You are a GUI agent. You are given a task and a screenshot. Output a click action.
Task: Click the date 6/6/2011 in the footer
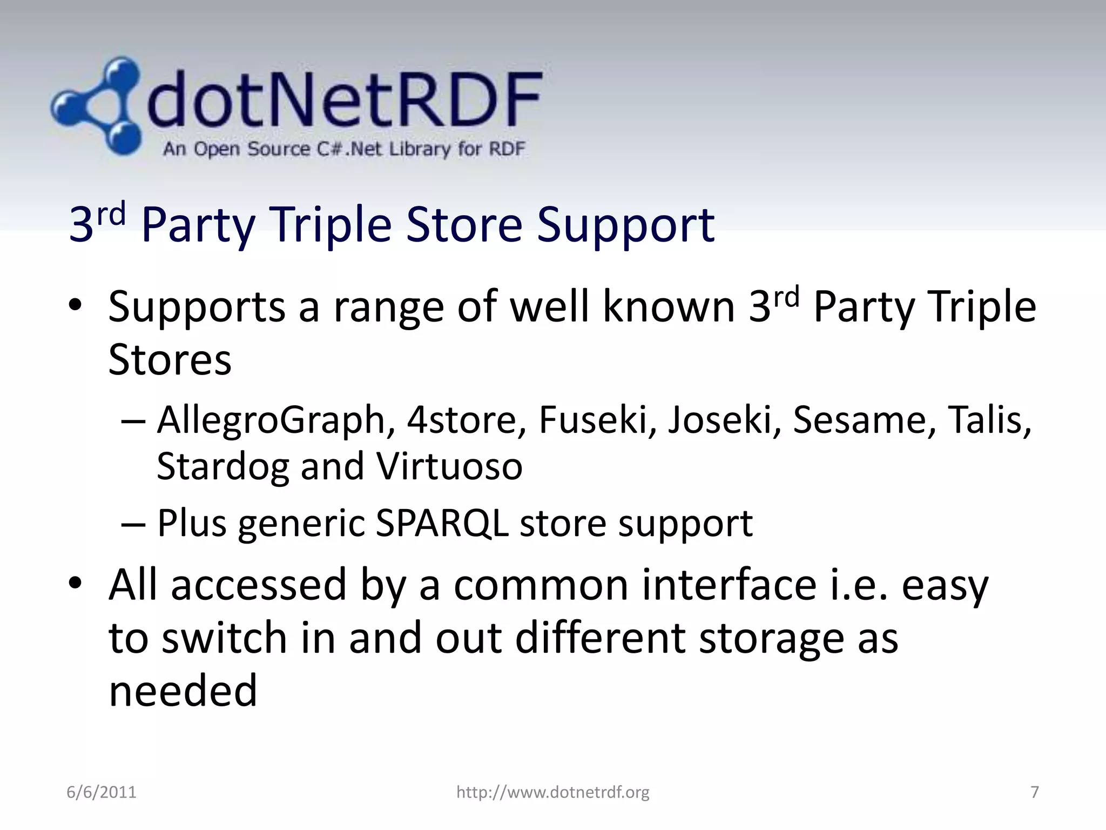(x=102, y=792)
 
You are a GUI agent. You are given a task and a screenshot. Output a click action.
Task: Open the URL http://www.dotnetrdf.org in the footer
(x=552, y=792)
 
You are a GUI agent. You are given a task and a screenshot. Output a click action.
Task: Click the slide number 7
(x=1035, y=792)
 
